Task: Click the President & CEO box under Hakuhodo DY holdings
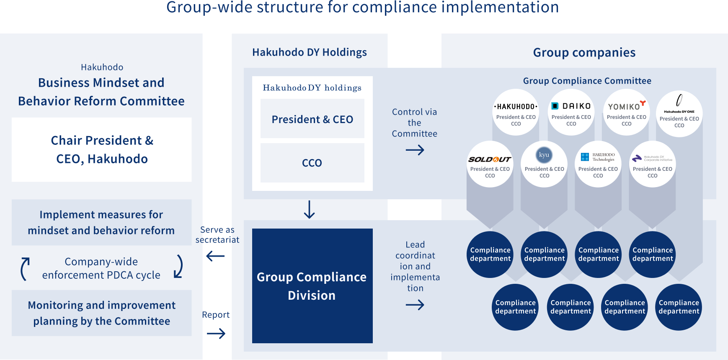[x=312, y=118]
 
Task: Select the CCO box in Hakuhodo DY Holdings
[x=312, y=163]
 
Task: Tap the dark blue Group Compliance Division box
[x=312, y=286]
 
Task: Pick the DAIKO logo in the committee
[x=571, y=106]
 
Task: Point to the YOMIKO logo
[x=627, y=105]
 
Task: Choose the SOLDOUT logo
[x=490, y=159]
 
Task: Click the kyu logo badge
[x=544, y=155]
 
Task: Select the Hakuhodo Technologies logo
[x=598, y=157]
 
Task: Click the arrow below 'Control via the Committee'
[x=415, y=150]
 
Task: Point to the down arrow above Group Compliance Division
[x=309, y=209]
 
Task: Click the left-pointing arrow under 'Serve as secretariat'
[x=216, y=256]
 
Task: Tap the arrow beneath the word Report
[x=216, y=334]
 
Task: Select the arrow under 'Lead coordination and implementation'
[x=415, y=305]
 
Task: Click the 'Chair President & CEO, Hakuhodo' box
[x=101, y=149]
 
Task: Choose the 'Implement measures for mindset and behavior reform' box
[x=101, y=222]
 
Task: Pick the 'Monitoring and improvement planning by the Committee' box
[x=101, y=313]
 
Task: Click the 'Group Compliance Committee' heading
[x=587, y=81]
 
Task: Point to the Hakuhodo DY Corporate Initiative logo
[x=652, y=158]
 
